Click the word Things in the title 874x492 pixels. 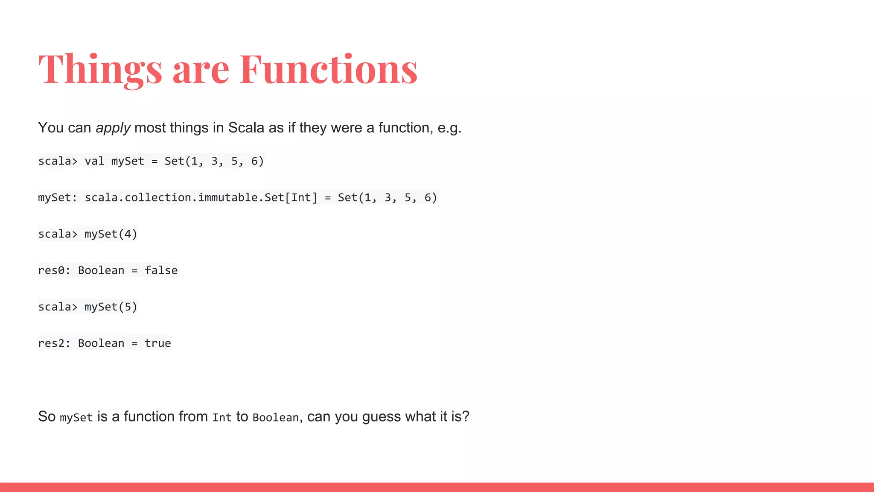[100, 69]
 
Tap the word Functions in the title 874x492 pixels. [329, 69]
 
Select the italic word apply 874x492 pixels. [113, 128]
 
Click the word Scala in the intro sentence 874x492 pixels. [246, 128]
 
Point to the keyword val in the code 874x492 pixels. [94, 161]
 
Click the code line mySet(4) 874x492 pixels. [111, 234]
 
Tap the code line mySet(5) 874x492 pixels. [111, 307]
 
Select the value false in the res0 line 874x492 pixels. [161, 270]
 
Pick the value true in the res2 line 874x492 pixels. [157, 343]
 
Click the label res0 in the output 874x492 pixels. [51, 270]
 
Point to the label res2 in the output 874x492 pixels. [51, 343]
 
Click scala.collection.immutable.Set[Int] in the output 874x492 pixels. [201, 198]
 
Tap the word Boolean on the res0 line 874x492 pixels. [101, 270]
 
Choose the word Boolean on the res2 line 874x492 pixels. [101, 343]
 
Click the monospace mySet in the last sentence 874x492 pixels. [76, 418]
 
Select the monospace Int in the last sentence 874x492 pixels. [222, 418]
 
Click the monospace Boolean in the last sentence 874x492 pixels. [276, 418]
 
